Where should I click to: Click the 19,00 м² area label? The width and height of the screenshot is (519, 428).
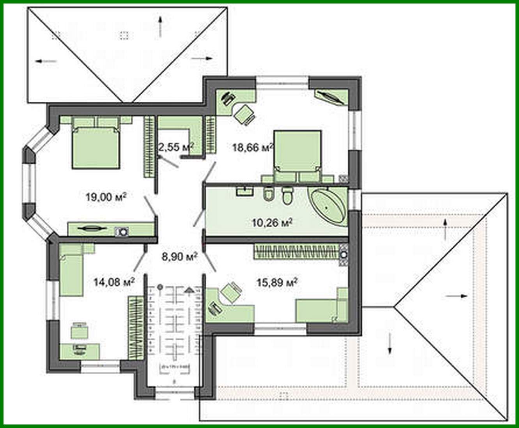pos(107,197)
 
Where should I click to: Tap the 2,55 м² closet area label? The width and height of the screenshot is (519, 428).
pos(176,147)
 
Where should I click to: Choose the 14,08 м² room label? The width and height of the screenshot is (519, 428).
pos(114,281)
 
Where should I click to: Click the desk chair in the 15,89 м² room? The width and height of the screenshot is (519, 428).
pos(231,292)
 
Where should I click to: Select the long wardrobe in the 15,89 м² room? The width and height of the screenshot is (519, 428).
pos(296,251)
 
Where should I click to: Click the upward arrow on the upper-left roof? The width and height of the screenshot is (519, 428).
pos(160,27)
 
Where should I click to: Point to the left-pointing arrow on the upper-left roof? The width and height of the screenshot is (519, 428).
pos(46,61)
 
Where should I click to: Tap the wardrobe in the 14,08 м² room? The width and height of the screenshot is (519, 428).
pos(136,327)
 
